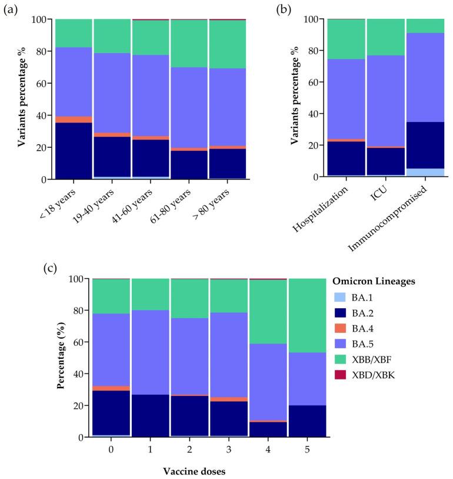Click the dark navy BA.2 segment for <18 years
click(74, 150)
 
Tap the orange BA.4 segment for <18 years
click(74, 119)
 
